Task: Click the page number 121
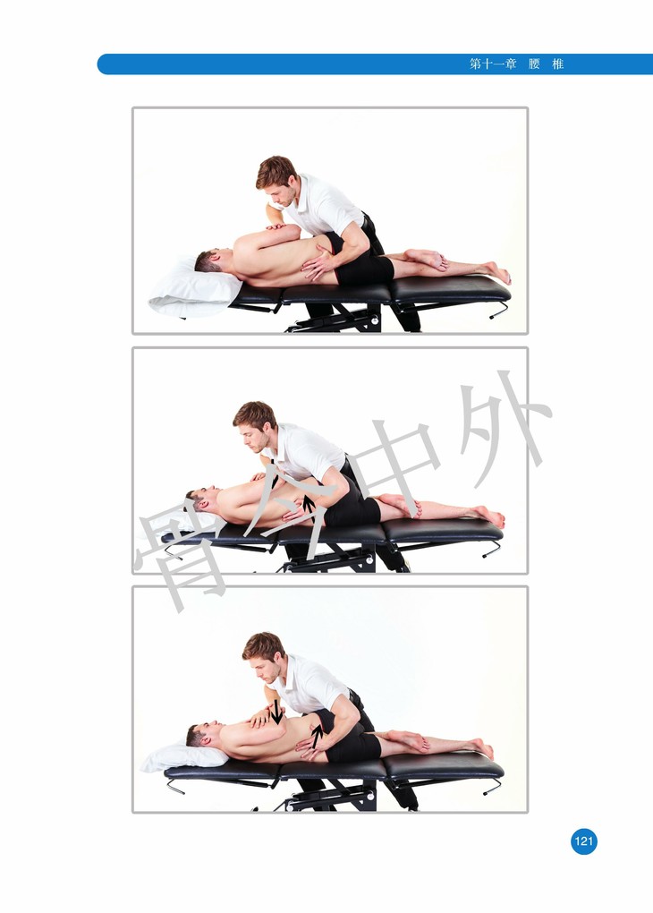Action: coord(584,840)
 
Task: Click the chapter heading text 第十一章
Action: coord(493,64)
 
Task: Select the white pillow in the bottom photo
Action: coord(185,757)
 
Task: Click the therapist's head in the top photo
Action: coord(277,179)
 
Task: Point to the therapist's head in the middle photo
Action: coord(254,426)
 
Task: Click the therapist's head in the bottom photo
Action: coord(264,657)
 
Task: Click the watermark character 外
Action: coord(501,428)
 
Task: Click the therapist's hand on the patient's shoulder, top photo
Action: coord(276,226)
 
